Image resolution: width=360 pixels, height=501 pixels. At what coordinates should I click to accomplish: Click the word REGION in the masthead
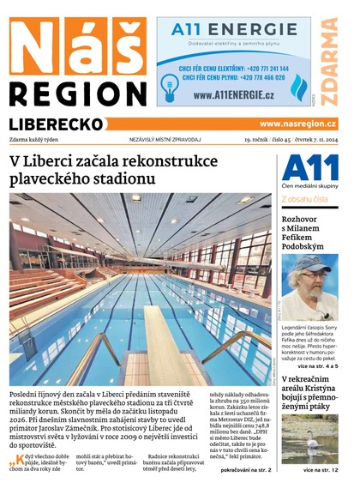pos(78,92)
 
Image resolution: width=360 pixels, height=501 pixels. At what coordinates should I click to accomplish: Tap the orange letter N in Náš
pos(35,46)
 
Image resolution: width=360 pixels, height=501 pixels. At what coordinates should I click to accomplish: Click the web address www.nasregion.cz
pos(297,124)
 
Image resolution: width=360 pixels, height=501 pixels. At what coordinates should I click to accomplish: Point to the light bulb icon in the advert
pos(169,83)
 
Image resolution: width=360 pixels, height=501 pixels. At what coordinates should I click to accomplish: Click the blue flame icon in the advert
pos(298,87)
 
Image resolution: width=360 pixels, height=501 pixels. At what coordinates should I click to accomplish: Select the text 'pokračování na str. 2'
pos(244,470)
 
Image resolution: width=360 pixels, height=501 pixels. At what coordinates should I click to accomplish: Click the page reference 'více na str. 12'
pos(320,470)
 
